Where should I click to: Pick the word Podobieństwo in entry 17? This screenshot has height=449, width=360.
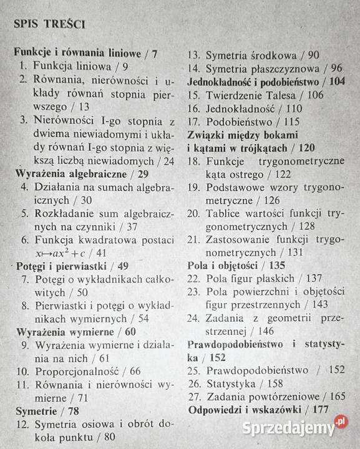(240, 122)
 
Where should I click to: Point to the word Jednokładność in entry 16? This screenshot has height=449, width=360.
(242, 109)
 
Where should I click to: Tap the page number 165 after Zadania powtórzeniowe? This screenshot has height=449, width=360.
(338, 396)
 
